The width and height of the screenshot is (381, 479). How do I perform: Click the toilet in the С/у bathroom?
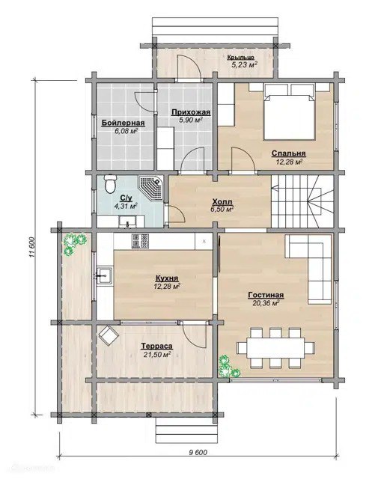click(x=110, y=183)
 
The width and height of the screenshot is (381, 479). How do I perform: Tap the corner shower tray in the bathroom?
click(x=150, y=187)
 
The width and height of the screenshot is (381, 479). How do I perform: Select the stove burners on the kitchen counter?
click(x=140, y=241)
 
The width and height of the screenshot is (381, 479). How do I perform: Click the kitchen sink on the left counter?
click(x=105, y=275)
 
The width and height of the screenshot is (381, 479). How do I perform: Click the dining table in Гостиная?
click(x=275, y=347)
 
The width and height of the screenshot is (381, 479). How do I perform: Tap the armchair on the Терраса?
click(x=109, y=335)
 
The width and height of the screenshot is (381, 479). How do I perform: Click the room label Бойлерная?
click(x=123, y=123)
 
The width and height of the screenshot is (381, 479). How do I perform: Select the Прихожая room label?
click(x=191, y=112)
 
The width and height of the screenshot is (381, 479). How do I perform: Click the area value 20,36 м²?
click(x=266, y=303)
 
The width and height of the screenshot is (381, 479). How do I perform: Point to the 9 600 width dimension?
click(x=198, y=452)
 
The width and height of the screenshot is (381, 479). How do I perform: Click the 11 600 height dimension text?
click(x=33, y=248)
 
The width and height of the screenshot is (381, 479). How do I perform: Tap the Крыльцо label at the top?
click(x=241, y=58)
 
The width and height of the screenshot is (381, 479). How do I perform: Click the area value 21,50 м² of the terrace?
click(x=156, y=354)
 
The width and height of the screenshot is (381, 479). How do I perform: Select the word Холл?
click(x=222, y=202)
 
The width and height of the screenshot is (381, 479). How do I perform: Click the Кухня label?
click(x=167, y=278)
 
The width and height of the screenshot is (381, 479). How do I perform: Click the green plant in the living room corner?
click(x=228, y=366)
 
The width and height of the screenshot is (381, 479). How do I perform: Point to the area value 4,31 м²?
click(x=126, y=207)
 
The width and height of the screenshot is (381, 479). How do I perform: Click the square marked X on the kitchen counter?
click(x=204, y=241)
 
